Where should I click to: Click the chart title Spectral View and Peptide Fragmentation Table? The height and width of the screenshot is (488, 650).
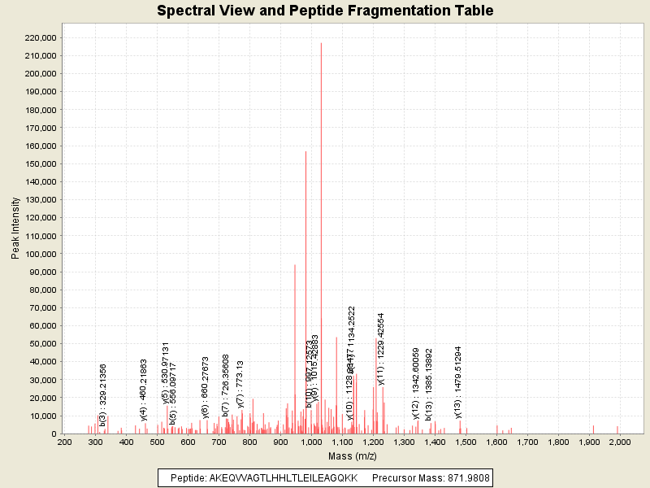(325, 11)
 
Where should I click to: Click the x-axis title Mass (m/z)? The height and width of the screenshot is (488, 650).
(353, 456)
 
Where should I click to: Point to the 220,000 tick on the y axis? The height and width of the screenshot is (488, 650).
(38, 37)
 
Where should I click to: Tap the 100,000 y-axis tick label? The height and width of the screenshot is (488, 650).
(38, 254)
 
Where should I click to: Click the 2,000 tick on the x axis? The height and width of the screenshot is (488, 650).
(620, 442)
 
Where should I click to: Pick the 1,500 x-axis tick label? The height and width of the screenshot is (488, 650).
(466, 442)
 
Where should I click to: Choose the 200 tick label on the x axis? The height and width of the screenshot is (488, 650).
(64, 442)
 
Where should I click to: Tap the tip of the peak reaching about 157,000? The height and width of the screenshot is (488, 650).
(305, 151)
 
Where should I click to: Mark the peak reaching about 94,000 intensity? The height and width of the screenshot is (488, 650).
(295, 265)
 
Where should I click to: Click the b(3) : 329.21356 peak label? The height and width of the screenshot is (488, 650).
(103, 395)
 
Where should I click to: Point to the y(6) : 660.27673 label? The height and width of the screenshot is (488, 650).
(206, 387)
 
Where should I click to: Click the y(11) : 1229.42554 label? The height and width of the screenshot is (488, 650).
(380, 348)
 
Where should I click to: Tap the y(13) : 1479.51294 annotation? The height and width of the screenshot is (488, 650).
(457, 382)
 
